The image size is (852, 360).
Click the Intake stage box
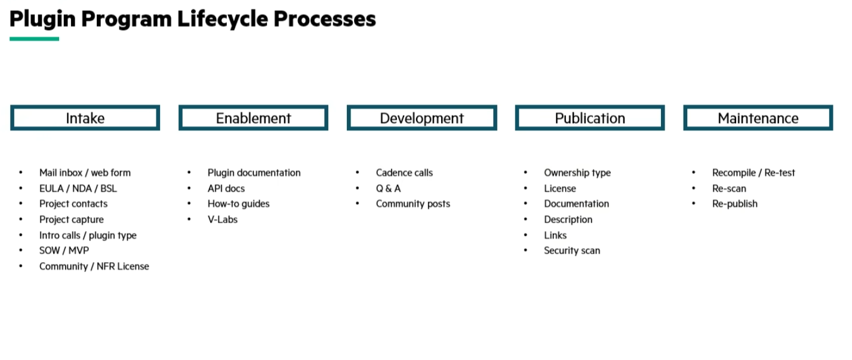pyautogui.click(x=85, y=118)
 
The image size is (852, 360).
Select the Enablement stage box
pyautogui.click(x=253, y=118)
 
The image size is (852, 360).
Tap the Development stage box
pyautogui.click(x=422, y=118)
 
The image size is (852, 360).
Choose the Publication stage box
pyautogui.click(x=590, y=118)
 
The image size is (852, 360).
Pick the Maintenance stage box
pyautogui.click(x=758, y=118)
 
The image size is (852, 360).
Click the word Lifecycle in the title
pyautogui.click(x=222, y=19)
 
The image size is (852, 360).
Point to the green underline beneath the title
pyautogui.click(x=34, y=39)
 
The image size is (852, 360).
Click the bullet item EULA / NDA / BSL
pyautogui.click(x=78, y=188)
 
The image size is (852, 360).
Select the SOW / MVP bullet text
pyautogui.click(x=64, y=251)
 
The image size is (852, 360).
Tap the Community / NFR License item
pyautogui.click(x=94, y=266)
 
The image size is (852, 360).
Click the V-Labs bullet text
pyautogui.click(x=223, y=220)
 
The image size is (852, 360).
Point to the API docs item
pyautogui.click(x=226, y=188)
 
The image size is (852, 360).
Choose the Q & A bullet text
pyautogui.click(x=388, y=188)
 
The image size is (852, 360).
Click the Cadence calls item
pyautogui.click(x=404, y=173)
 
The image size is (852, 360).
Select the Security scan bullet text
pyautogui.click(x=572, y=251)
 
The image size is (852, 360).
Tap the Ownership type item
pyautogui.click(x=577, y=173)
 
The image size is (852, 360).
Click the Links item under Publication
pyautogui.click(x=555, y=235)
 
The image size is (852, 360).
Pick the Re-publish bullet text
pyautogui.click(x=735, y=204)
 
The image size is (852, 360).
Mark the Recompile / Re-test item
pyautogui.click(x=753, y=173)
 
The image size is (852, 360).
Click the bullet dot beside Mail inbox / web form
pyautogui.click(x=21, y=173)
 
